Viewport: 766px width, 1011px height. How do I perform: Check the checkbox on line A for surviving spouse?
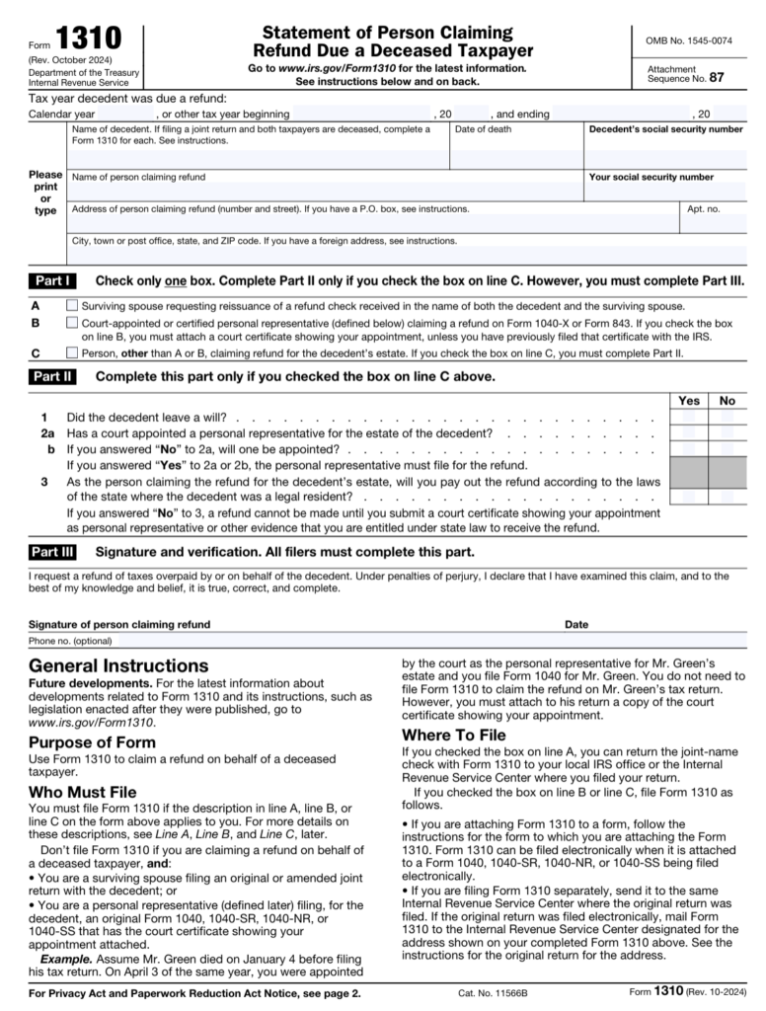point(72,306)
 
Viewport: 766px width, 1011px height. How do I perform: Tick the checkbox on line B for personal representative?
point(72,323)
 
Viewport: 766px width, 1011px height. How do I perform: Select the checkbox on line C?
point(72,351)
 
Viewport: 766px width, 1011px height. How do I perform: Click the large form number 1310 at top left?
point(89,39)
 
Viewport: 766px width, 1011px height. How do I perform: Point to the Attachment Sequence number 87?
point(729,78)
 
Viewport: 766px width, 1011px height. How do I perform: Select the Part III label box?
point(53,552)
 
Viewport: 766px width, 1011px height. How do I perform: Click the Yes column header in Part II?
point(689,401)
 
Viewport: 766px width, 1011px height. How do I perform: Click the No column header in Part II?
point(728,401)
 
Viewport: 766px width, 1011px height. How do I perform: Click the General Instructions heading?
point(118,665)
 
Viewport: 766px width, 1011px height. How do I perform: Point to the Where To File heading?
point(454,736)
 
